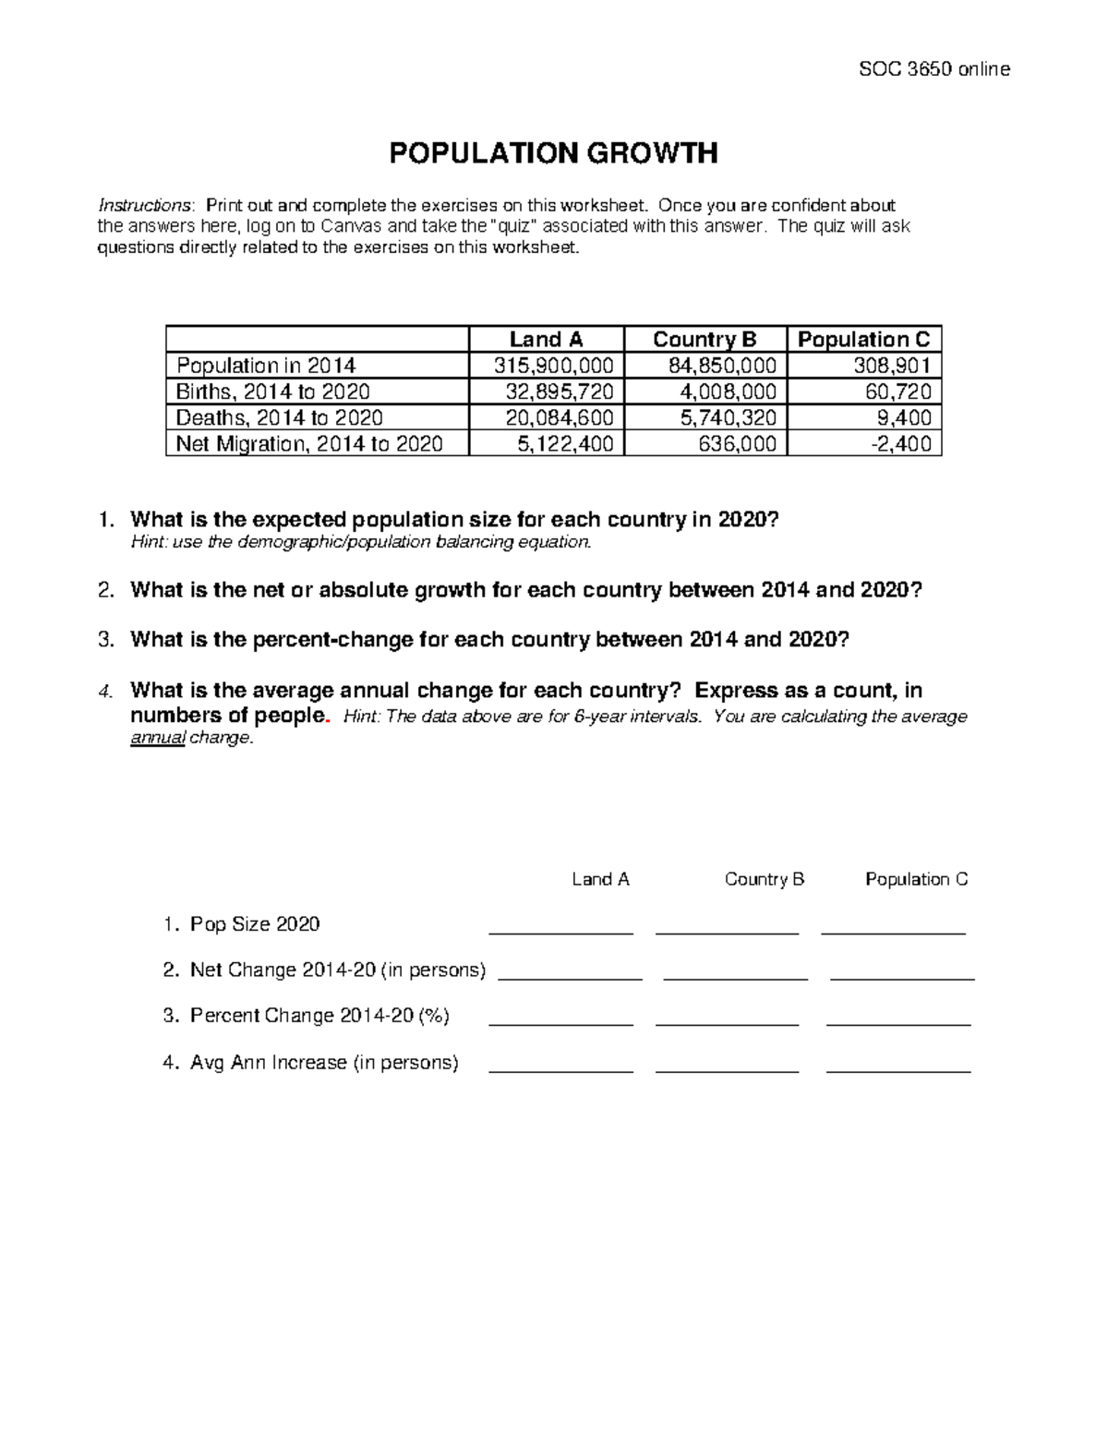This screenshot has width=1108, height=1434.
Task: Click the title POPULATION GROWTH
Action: [x=553, y=153]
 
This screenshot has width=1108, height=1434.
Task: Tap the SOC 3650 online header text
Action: [x=934, y=68]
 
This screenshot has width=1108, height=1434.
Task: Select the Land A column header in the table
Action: [x=546, y=340]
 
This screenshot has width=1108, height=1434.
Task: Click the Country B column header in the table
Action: [x=705, y=340]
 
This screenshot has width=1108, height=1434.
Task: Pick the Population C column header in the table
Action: [x=863, y=340]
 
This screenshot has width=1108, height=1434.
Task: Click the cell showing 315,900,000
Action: [x=554, y=366]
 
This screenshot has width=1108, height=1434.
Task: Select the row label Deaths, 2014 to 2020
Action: [x=279, y=417]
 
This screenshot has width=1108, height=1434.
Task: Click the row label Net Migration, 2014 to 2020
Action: [x=309, y=444]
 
